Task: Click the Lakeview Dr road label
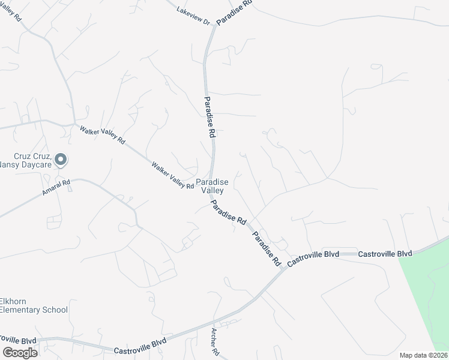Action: pos(193,16)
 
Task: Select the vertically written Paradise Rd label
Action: pos(209,118)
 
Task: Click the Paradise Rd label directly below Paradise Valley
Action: pos(229,213)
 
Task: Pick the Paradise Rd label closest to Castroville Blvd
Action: pos(267,248)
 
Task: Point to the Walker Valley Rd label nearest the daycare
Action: pos(102,133)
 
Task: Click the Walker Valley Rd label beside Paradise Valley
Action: pos(173,175)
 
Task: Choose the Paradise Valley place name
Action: pos(211,186)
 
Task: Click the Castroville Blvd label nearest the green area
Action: pos(385,254)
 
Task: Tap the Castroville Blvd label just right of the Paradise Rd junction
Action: pos(313,258)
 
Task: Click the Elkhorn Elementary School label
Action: pos(32,305)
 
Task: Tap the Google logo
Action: pos(20,352)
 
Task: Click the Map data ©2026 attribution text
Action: pos(423,355)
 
